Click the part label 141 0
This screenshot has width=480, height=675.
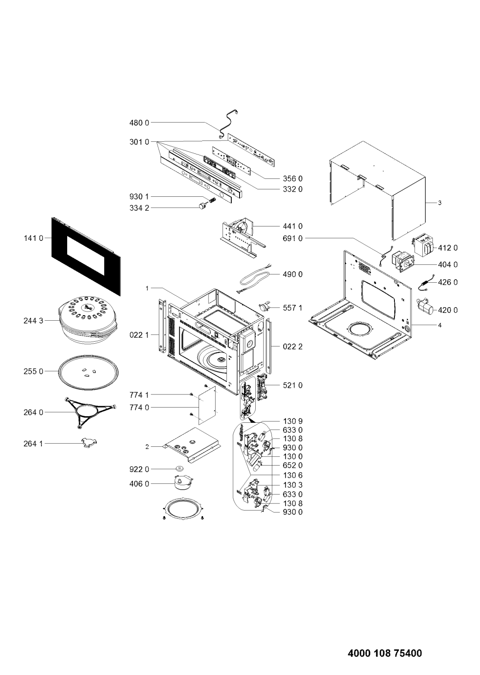click(34, 238)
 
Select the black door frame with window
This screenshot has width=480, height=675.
click(86, 256)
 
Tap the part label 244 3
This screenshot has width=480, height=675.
click(34, 321)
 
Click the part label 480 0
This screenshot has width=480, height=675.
click(139, 123)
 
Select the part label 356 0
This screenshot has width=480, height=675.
click(292, 179)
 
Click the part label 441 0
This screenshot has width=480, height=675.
click(292, 226)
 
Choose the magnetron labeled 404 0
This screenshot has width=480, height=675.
click(403, 262)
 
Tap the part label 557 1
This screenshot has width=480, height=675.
click(292, 308)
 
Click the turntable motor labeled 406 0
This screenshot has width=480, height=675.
click(182, 483)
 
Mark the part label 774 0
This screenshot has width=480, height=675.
click(139, 408)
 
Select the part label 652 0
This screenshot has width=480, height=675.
click(292, 466)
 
